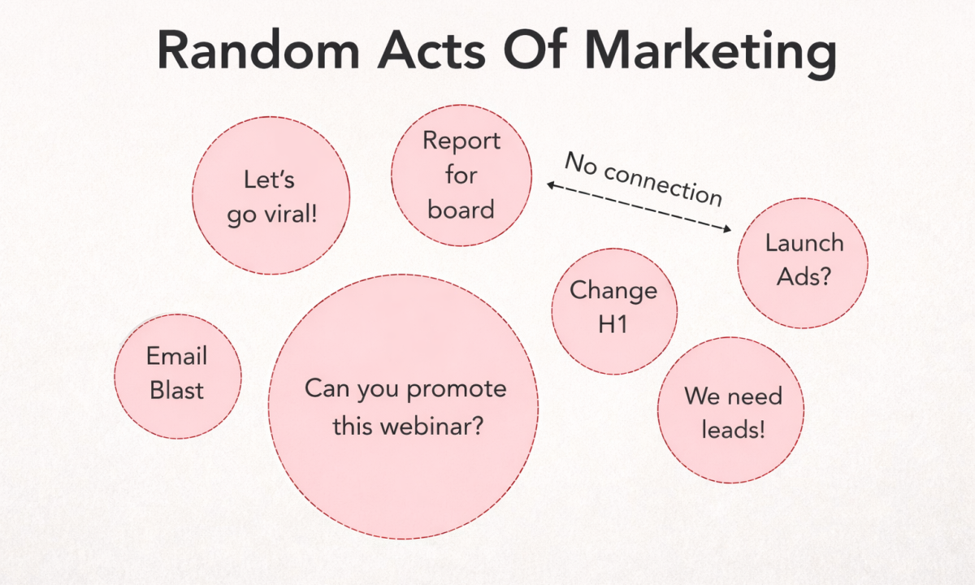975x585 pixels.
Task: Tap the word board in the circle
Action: tap(461, 210)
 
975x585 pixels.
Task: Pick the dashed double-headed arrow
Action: tap(639, 208)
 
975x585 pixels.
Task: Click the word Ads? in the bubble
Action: tap(804, 277)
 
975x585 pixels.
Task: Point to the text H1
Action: tap(613, 325)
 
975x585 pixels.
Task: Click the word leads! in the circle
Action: tap(733, 430)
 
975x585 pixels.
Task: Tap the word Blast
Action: tap(177, 391)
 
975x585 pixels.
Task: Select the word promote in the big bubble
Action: tap(455, 389)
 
